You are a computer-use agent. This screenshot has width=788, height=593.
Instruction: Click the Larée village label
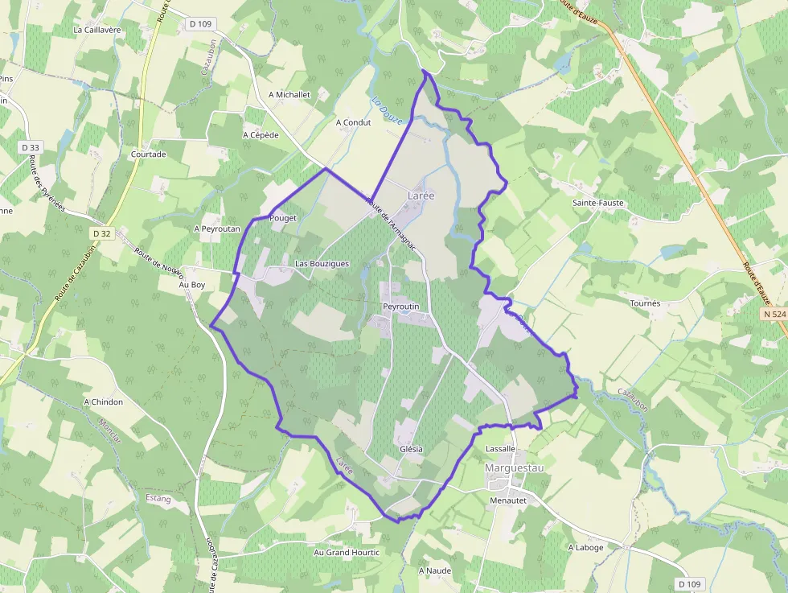[x=421, y=196]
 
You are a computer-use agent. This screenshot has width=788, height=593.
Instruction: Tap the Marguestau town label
[x=514, y=467]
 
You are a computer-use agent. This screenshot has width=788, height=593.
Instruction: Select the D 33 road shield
[x=31, y=147]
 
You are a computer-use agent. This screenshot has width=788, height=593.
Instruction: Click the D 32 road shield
[x=101, y=233]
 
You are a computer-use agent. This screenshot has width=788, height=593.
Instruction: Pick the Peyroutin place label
[x=401, y=307]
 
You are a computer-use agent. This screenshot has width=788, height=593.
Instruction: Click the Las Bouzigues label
[x=322, y=263]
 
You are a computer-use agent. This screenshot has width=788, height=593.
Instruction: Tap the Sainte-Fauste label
[x=597, y=203]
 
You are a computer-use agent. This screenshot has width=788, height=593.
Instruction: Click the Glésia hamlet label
[x=410, y=449]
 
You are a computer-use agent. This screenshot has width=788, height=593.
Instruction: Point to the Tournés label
[x=645, y=303]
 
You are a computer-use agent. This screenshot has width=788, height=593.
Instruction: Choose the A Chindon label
[x=104, y=402]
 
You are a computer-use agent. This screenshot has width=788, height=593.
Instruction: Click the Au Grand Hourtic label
[x=347, y=553]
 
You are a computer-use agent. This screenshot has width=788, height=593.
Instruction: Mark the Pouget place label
[x=283, y=218]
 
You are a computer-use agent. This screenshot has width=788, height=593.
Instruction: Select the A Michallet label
[x=289, y=94]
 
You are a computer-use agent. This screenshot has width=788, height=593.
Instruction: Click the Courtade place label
[x=148, y=154]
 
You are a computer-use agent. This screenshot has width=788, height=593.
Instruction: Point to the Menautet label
[x=507, y=500]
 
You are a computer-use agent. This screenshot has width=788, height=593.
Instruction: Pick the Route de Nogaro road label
[x=159, y=262]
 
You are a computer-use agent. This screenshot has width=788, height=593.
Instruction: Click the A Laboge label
[x=585, y=547]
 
